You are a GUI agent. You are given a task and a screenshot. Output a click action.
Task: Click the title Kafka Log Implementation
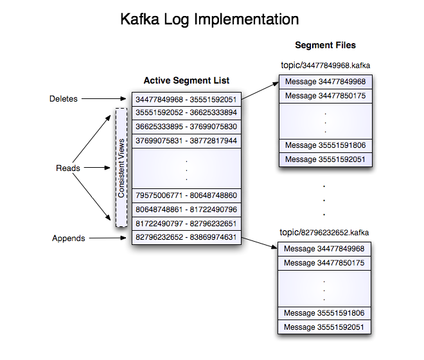click(209, 19)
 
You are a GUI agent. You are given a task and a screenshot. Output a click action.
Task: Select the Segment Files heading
click(325, 46)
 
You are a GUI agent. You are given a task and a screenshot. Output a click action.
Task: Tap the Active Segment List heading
click(186, 81)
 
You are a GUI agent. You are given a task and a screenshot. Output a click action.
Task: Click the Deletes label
click(64, 99)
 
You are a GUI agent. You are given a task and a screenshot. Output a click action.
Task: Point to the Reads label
click(67, 168)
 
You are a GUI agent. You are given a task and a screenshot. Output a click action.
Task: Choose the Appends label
click(68, 239)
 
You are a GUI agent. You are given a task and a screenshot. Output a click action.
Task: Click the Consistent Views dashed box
click(121, 168)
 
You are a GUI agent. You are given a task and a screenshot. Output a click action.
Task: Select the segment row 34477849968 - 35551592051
click(186, 100)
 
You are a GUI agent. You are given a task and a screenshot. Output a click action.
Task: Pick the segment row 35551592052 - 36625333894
click(186, 112)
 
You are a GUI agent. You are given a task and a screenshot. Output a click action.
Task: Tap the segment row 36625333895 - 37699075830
click(186, 126)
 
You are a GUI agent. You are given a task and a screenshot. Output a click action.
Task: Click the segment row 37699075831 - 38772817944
click(186, 140)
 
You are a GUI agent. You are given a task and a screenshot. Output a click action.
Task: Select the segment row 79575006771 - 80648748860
click(186, 195)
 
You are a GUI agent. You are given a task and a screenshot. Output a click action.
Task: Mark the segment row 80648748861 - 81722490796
click(186, 210)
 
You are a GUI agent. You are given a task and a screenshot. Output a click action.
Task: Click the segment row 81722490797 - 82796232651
click(186, 224)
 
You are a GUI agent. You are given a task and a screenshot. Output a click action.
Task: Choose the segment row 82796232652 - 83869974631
click(186, 237)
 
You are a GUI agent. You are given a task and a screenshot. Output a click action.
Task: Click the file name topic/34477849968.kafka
click(325, 66)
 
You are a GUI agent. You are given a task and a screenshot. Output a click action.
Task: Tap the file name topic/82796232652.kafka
click(325, 232)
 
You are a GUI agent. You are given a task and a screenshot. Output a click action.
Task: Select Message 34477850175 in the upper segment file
click(324, 96)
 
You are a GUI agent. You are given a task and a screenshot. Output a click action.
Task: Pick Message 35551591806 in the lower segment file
click(324, 313)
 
